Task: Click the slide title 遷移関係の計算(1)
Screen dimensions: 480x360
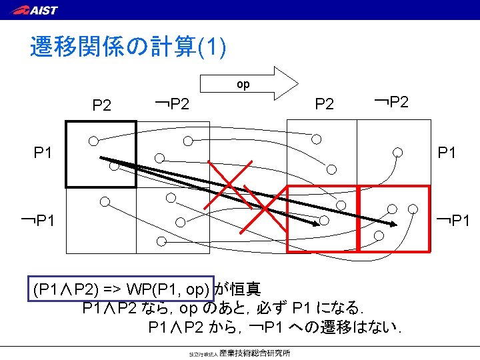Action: pyautogui.click(x=128, y=47)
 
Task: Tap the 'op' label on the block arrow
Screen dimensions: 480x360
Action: pyautogui.click(x=243, y=85)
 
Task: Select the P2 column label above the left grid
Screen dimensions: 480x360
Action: pyautogui.click(x=102, y=105)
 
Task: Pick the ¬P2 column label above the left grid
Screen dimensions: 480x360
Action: pyautogui.click(x=171, y=103)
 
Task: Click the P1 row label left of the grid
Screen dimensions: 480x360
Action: pyautogui.click(x=43, y=153)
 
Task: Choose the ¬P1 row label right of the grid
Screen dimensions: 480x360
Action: pyautogui.click(x=453, y=219)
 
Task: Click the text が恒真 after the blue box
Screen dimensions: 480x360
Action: pyautogui.click(x=238, y=289)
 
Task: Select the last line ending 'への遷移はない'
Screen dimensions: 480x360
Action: pyautogui.click(x=280, y=328)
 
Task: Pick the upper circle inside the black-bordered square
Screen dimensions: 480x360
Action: pyautogui.click(x=95, y=141)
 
